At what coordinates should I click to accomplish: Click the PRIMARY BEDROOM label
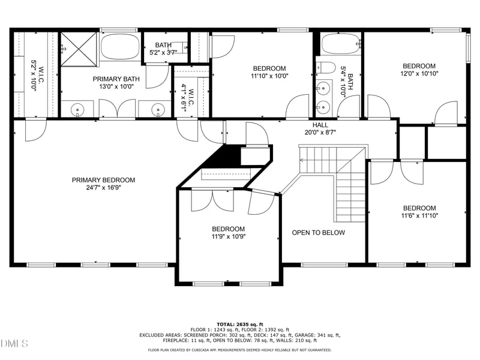pos(103,180)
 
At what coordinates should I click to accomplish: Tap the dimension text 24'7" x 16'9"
pos(103,188)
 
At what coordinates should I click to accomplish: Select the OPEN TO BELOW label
pos(318,233)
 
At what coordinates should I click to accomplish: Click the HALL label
pos(320,125)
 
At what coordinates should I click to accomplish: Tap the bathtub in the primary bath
pos(119,46)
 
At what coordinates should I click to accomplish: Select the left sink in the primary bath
pos(77,109)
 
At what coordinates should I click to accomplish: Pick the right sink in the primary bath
pos(158,109)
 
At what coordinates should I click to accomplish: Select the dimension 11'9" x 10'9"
pos(228,236)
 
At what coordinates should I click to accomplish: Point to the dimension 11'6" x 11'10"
pos(419,216)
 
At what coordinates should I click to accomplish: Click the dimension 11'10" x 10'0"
pos(269,76)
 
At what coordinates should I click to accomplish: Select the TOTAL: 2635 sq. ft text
pos(240,324)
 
